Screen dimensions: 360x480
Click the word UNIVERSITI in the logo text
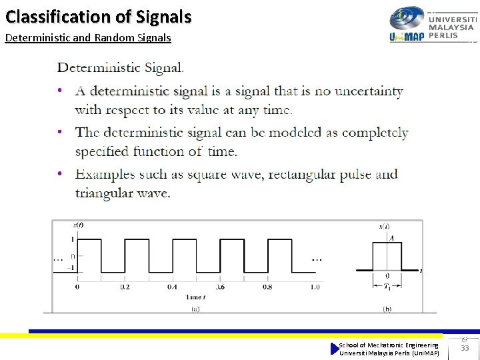(x=452, y=19)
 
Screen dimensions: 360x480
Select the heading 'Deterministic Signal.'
(x=121, y=67)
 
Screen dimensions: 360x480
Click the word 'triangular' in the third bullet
(x=105, y=193)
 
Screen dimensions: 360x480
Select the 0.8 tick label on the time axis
(x=267, y=287)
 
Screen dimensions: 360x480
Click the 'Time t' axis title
(x=195, y=297)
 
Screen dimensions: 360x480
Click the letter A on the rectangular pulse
(x=391, y=238)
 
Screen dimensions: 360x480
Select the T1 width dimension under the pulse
(x=387, y=288)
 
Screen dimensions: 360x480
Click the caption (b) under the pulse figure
(x=387, y=309)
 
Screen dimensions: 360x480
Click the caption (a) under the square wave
(x=195, y=309)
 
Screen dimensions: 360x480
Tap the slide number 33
(x=465, y=348)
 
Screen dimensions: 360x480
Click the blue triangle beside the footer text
(x=335, y=348)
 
